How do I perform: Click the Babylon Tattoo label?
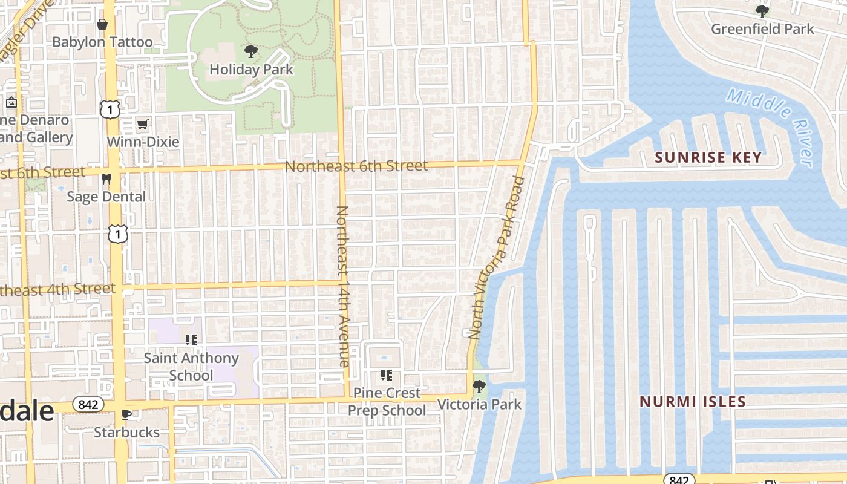(102, 42)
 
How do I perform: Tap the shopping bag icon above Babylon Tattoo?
(102, 24)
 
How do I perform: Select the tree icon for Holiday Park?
(250, 52)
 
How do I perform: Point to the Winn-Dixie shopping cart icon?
(143, 125)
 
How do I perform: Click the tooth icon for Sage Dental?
(106, 179)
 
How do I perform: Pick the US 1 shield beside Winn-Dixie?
(110, 110)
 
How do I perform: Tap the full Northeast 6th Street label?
(356, 166)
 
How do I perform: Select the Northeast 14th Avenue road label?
(342, 286)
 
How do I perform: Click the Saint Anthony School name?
(191, 367)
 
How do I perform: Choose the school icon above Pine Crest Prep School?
(387, 375)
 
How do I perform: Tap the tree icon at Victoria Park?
(479, 386)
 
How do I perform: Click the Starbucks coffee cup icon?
(126, 415)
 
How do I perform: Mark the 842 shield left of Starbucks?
(88, 404)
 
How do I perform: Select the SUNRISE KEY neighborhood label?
(708, 157)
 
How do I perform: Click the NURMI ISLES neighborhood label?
(693, 402)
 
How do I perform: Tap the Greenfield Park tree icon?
(762, 11)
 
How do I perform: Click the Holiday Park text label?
(251, 70)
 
